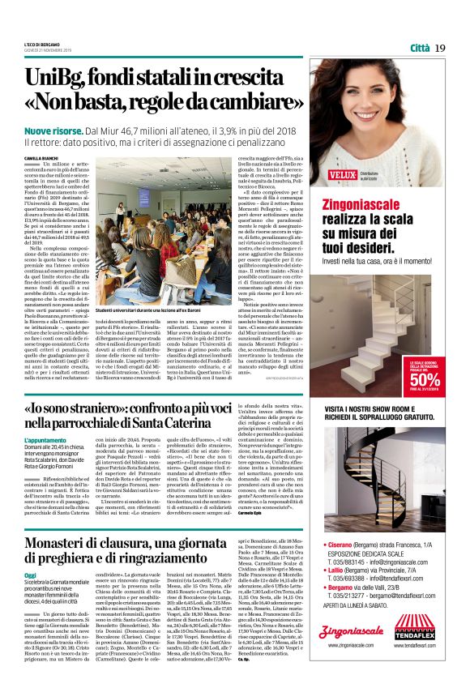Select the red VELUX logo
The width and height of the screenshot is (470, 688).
pyautogui.click(x=344, y=172)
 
